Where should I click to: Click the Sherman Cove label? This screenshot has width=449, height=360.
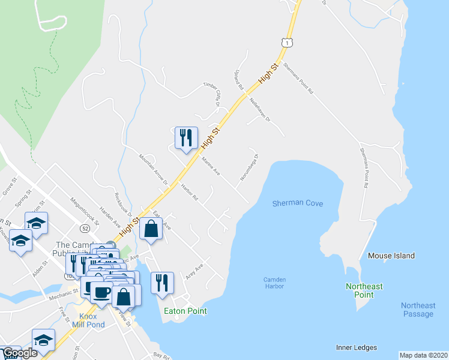[x=297, y=204]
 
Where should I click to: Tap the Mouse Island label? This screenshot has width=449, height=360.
[x=391, y=256]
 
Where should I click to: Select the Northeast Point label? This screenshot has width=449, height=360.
[x=364, y=291]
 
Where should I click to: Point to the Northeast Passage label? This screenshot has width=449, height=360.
[x=418, y=310]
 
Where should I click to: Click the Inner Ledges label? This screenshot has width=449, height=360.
[x=357, y=347]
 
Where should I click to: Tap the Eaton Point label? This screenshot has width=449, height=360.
[x=185, y=311]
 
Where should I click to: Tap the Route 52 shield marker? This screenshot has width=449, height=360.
[x=85, y=227]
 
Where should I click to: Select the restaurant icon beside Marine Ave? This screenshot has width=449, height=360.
[x=186, y=137]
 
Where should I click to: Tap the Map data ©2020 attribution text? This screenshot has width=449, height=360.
[x=424, y=355]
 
